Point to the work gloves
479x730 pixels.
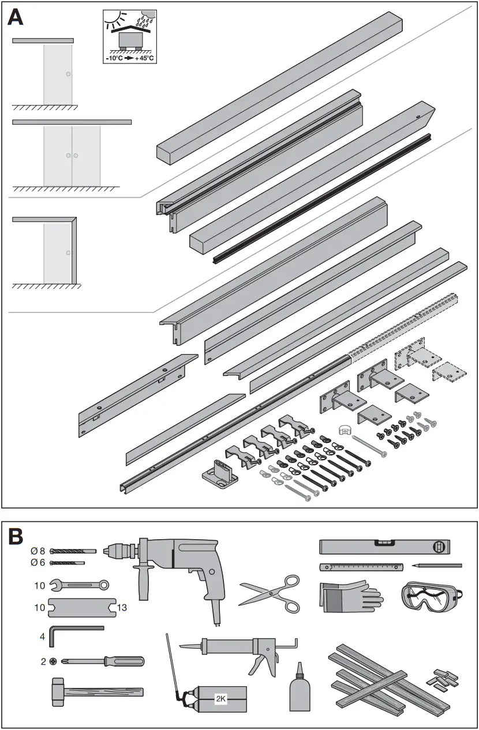pos(349,596)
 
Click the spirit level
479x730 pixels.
pos(384,545)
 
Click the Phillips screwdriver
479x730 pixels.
pos(104,661)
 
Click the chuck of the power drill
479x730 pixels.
pos(118,551)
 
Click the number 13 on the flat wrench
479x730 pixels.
pos(122,608)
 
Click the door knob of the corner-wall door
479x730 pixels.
pos(68,253)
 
